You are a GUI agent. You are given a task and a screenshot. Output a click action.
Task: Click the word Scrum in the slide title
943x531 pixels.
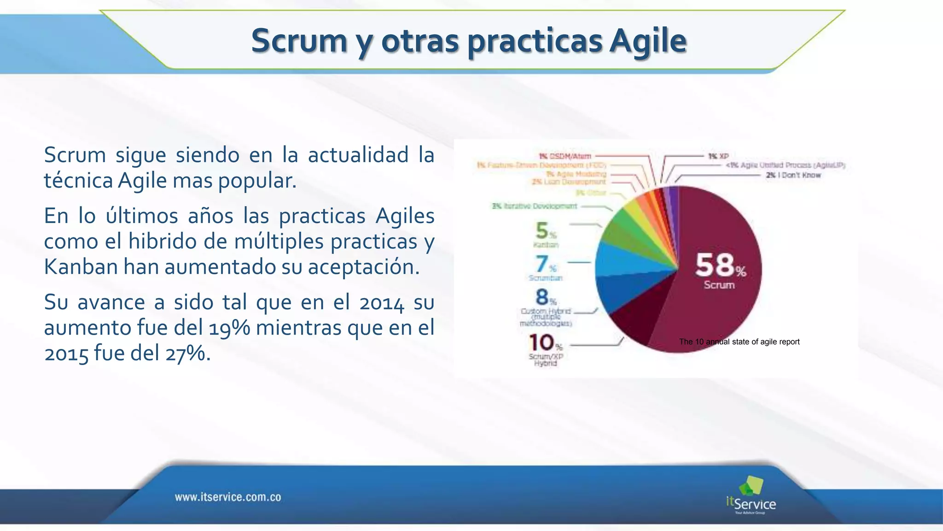[x=299, y=41]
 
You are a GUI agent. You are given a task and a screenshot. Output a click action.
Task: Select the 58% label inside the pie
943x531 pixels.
[x=720, y=266]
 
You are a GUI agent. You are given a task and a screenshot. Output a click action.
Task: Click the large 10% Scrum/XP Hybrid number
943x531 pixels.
[x=542, y=343]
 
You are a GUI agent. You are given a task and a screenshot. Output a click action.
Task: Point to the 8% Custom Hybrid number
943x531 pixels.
[x=543, y=297]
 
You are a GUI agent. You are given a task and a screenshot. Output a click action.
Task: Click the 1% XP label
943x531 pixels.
[x=718, y=156]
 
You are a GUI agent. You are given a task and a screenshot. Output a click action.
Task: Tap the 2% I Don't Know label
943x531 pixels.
[x=793, y=175]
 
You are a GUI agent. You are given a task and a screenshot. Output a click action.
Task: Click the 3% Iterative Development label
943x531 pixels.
[x=534, y=206]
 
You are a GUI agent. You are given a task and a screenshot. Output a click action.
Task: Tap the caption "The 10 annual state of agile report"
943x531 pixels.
[x=739, y=342]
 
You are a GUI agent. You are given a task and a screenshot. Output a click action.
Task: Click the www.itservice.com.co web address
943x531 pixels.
[x=228, y=497]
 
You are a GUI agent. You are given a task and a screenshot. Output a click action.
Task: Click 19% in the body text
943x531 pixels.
[x=229, y=328]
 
